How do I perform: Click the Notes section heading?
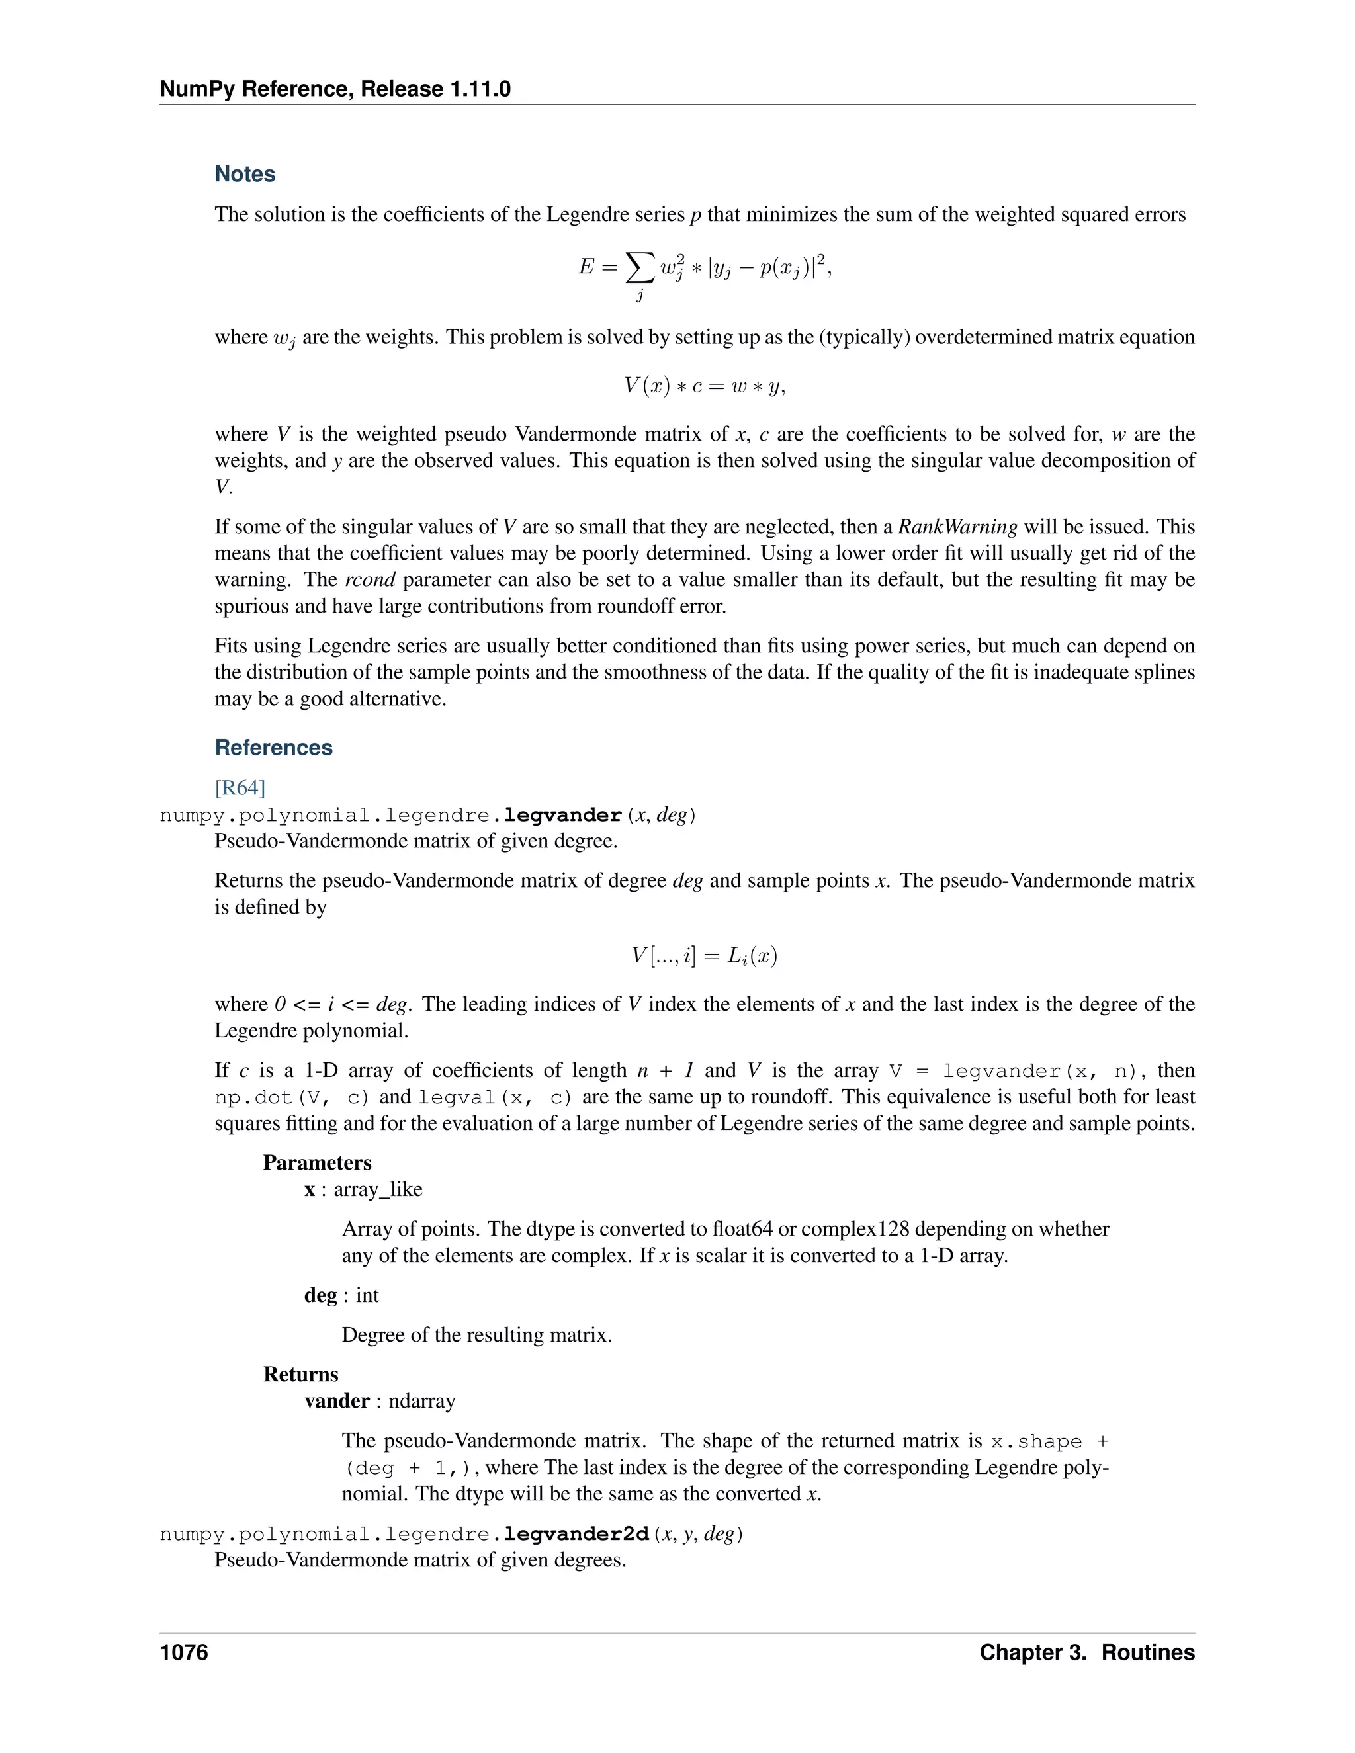pyautogui.click(x=245, y=174)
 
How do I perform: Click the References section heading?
pyautogui.click(x=273, y=748)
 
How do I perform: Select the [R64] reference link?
pyautogui.click(x=240, y=787)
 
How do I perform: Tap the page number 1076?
pyautogui.click(x=184, y=1652)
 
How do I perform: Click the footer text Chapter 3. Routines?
pyautogui.click(x=1086, y=1652)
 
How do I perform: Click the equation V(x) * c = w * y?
pyautogui.click(x=704, y=386)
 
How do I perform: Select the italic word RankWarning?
pyautogui.click(x=957, y=527)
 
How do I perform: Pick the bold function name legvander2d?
pyautogui.click(x=576, y=1534)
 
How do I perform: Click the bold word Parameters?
pyautogui.click(x=317, y=1162)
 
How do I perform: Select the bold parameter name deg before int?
pyautogui.click(x=320, y=1295)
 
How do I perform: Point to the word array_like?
pyautogui.click(x=377, y=1189)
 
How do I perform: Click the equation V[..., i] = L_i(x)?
pyautogui.click(x=704, y=955)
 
